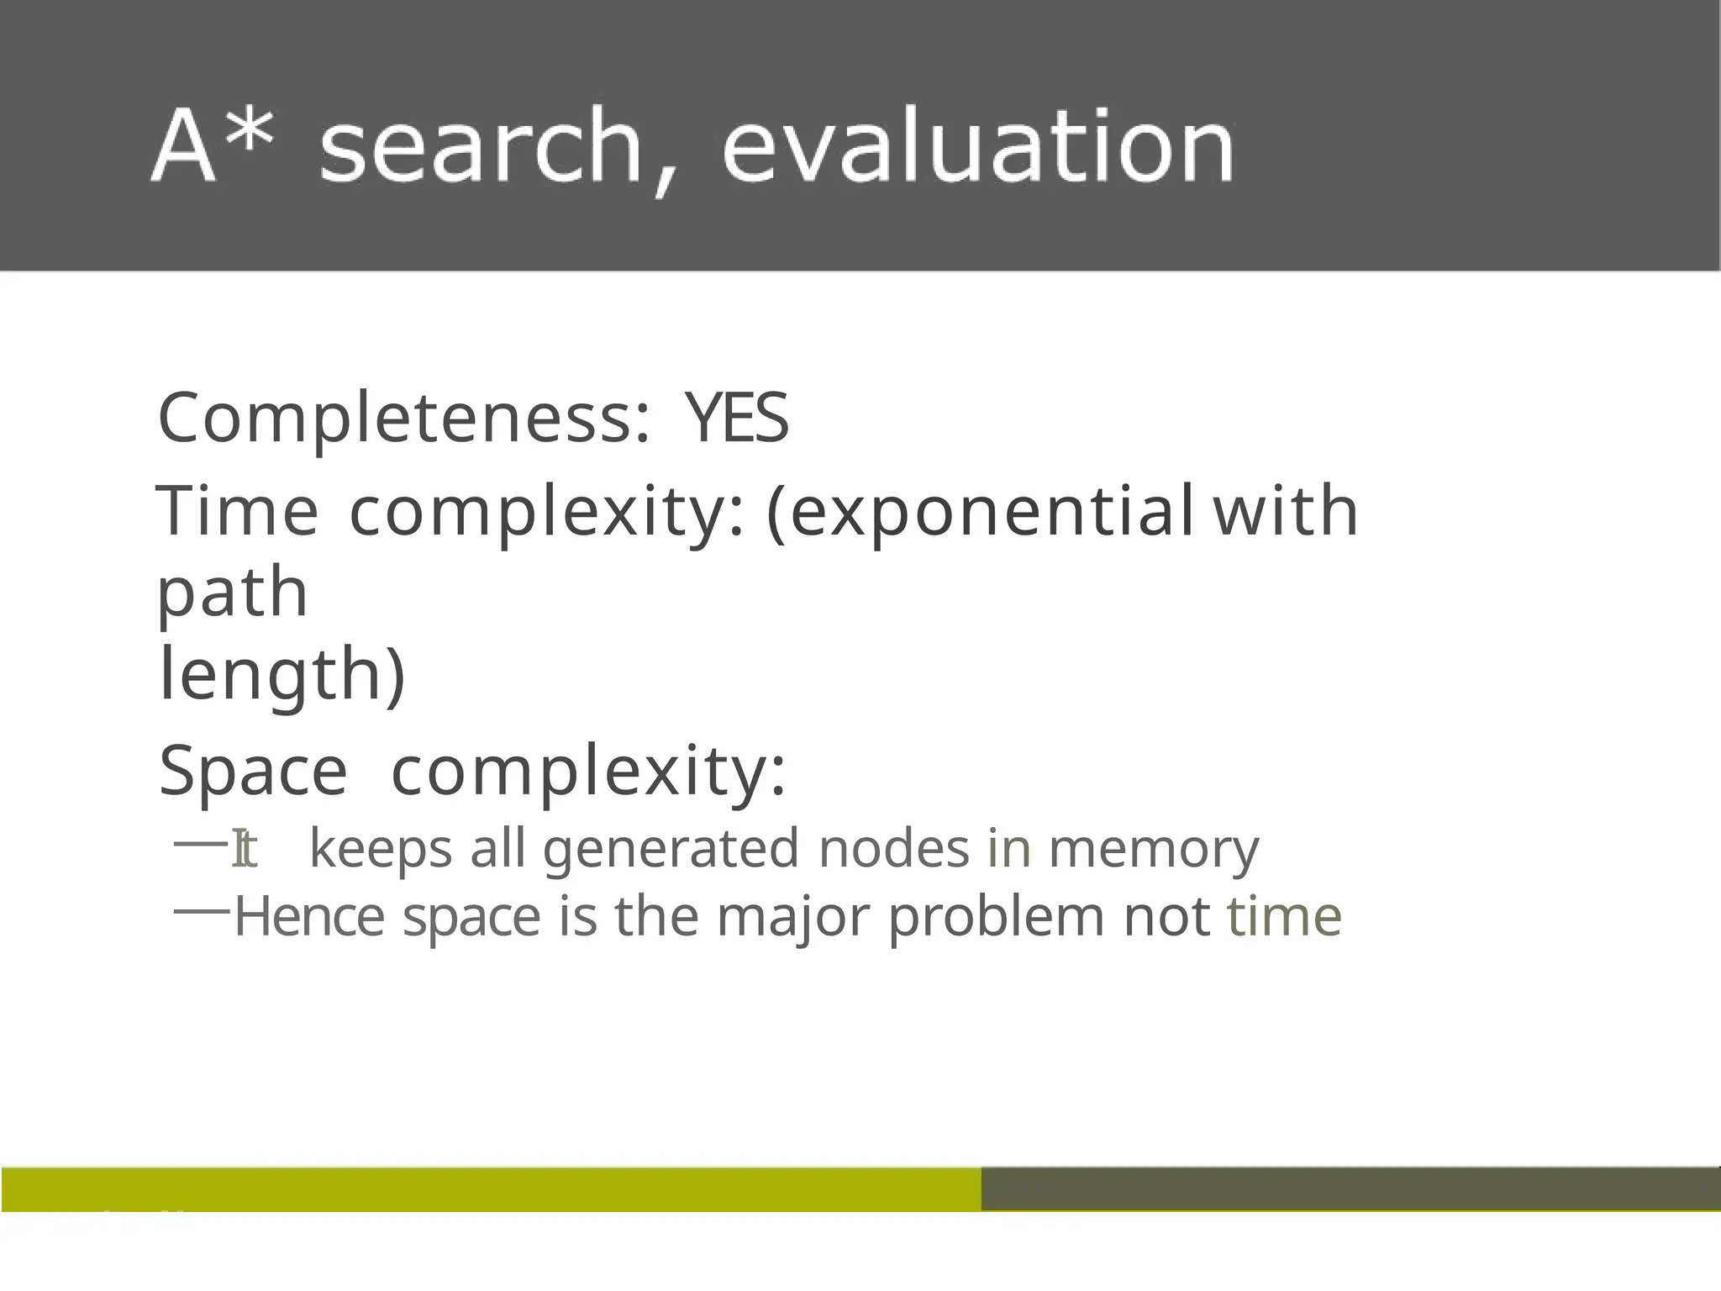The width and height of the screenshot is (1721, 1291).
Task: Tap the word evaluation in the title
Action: tap(977, 146)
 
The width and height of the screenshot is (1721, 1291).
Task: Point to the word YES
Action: tap(737, 419)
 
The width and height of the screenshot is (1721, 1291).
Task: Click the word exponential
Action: tap(980, 513)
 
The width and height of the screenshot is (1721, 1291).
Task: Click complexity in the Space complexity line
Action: tap(588, 772)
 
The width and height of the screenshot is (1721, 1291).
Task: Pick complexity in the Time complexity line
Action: tap(546, 513)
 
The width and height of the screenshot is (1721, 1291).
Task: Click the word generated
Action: tap(671, 849)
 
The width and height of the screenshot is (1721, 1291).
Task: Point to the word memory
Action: tap(1154, 849)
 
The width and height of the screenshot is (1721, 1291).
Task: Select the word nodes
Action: tap(894, 849)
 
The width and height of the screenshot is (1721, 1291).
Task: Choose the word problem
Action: tap(996, 917)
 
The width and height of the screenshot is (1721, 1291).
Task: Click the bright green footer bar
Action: tap(491, 1188)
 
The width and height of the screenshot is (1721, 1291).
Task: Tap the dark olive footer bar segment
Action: tap(1350, 1188)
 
